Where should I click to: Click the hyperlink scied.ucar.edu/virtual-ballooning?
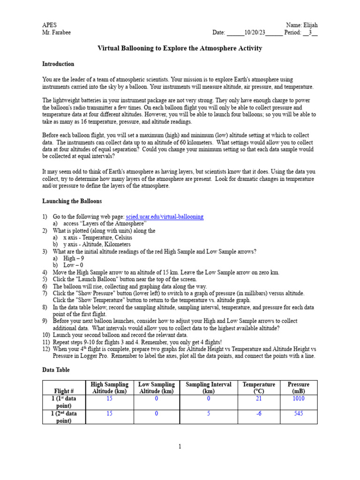coord(165,217)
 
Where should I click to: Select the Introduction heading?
coord(58,64)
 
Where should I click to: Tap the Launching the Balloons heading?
coord(72,201)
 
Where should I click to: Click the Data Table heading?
coord(56,370)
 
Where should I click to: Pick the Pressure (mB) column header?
coord(298,388)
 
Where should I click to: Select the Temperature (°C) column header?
coord(259,388)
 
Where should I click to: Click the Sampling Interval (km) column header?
coord(209,388)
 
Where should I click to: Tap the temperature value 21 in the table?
coord(259,398)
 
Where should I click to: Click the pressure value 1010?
coord(298,398)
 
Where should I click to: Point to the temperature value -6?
coord(259,413)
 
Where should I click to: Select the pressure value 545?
coord(298,413)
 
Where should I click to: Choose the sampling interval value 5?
coord(209,413)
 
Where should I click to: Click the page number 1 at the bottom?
coord(180,447)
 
